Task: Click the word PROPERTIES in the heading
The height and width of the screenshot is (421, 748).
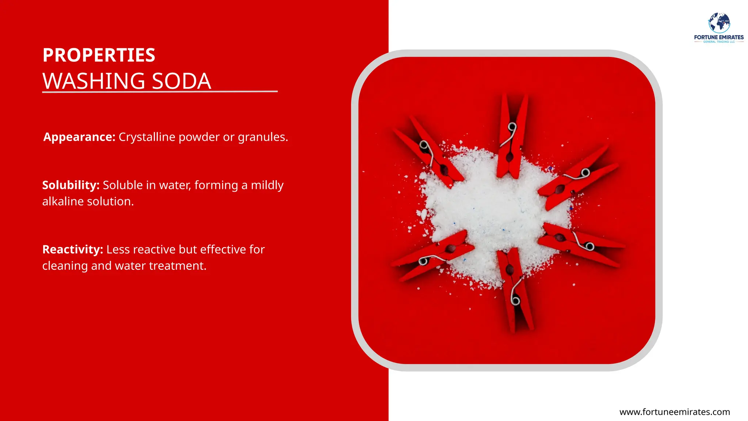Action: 99,55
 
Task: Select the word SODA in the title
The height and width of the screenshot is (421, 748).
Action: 181,81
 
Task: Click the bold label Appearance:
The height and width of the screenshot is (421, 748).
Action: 79,137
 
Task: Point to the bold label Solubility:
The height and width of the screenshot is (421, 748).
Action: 71,185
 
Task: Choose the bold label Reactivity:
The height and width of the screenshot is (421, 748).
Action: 73,249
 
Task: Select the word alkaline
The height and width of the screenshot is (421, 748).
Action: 63,201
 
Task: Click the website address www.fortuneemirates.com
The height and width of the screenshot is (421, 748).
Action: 675,412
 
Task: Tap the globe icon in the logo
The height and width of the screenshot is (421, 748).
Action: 719,23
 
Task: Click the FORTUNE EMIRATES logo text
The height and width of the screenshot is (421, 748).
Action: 719,37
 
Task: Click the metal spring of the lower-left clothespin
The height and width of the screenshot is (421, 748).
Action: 424,261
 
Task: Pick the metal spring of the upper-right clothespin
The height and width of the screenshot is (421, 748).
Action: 585,172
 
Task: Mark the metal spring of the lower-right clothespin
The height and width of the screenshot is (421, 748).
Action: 589,246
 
